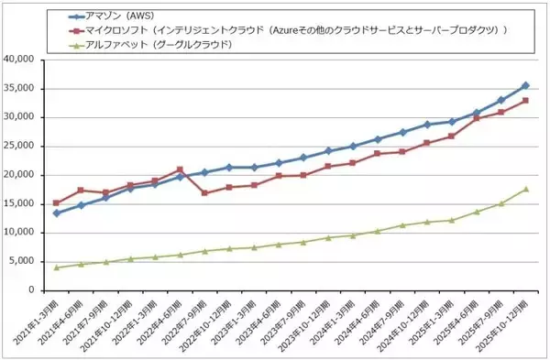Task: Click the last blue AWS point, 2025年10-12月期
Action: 525,85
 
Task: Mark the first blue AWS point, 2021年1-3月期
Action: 57,213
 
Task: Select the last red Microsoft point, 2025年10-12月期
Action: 525,101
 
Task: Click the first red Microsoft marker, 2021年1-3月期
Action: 57,202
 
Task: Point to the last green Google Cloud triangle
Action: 525,189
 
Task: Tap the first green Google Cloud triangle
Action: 57,267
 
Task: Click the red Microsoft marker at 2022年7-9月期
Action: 204,193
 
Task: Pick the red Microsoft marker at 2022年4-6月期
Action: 180,169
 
